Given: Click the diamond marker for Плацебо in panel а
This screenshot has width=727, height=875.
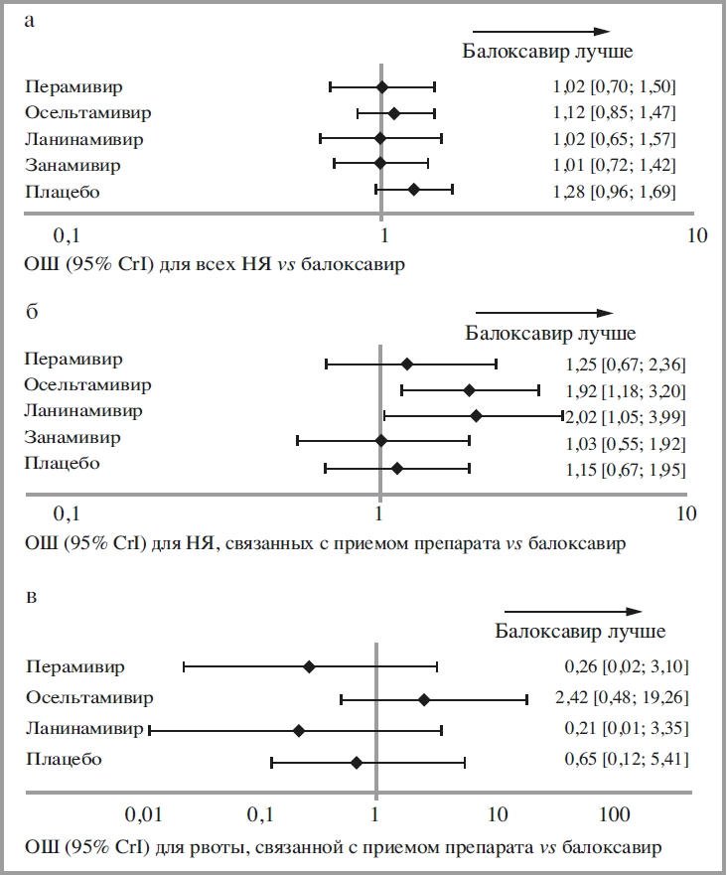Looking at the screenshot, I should pyautogui.click(x=414, y=189).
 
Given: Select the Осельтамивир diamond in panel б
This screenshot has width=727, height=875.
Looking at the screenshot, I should pyautogui.click(x=470, y=390).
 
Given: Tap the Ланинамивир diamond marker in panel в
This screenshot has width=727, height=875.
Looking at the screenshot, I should pyautogui.click(x=299, y=730).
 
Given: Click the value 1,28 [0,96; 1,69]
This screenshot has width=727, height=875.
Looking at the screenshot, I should pyautogui.click(x=615, y=191).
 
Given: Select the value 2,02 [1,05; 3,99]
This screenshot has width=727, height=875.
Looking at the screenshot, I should pyautogui.click(x=625, y=417).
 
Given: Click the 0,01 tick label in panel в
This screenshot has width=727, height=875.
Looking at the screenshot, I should pyautogui.click(x=144, y=814).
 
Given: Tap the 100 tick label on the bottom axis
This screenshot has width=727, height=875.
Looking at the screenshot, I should pyautogui.click(x=615, y=814).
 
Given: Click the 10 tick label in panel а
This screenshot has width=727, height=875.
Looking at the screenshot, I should pyautogui.click(x=696, y=235).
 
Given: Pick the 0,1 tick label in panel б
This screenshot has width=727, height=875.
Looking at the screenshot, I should pyautogui.click(x=67, y=513).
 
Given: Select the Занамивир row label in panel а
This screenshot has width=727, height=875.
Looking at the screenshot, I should pyautogui.click(x=74, y=165).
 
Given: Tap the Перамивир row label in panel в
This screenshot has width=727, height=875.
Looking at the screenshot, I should pyautogui.click(x=75, y=666).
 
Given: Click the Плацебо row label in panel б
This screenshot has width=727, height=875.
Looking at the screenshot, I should pyautogui.click(x=63, y=464).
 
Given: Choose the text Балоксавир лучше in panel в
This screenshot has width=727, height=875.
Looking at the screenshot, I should pyautogui.click(x=581, y=631).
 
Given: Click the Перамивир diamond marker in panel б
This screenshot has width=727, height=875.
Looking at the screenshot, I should pyautogui.click(x=407, y=365).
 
